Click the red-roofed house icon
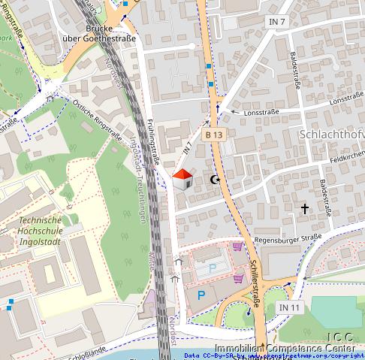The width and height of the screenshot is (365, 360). coord(182,180)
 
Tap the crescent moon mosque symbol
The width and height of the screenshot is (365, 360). coord(215,180)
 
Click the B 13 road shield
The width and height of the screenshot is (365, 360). coord(214,134)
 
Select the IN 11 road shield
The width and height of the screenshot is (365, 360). coord(290,308)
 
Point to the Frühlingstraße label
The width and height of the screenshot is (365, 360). coord(155,139)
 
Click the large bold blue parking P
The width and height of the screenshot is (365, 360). coord(201,296)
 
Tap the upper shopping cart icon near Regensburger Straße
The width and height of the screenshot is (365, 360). coord(237,247)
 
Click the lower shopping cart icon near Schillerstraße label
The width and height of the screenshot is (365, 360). coord(238,277)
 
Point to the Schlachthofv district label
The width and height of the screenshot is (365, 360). coord(331,134)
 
